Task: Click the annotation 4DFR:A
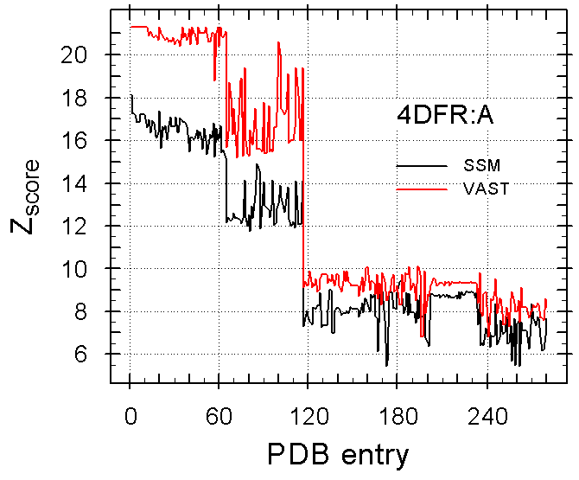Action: click(x=445, y=118)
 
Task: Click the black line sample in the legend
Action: click(x=421, y=164)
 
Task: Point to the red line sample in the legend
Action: click(x=421, y=189)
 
